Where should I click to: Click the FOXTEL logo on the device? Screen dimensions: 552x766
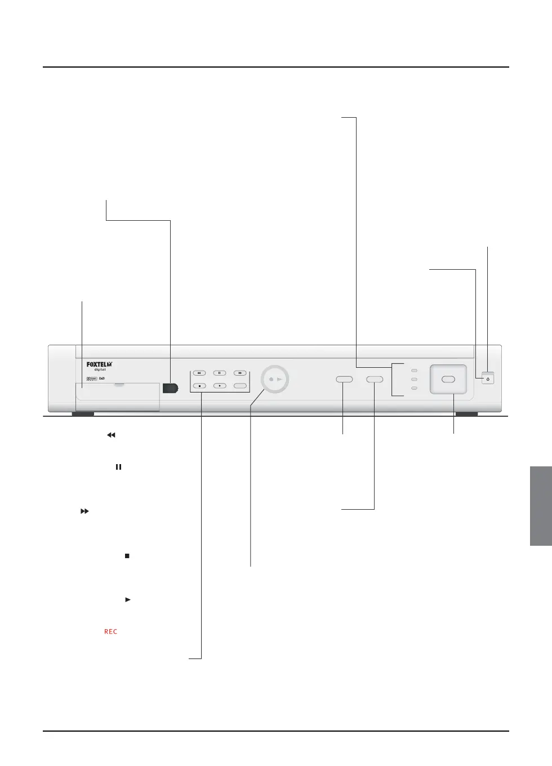[99, 365]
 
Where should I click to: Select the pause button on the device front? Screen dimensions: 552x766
[220, 373]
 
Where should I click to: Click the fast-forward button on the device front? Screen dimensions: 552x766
[240, 373]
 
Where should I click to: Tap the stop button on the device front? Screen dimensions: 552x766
[199, 386]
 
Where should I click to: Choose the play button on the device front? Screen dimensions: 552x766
[220, 386]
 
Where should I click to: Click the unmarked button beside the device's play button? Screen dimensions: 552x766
[240, 386]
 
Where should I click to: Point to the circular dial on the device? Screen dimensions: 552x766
[275, 379]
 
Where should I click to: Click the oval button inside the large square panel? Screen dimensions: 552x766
[448, 379]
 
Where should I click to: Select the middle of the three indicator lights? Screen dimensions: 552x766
[415, 379]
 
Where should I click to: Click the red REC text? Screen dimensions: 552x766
[111, 631]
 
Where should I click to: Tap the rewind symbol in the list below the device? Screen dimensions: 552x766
[111, 435]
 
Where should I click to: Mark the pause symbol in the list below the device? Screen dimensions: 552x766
[118, 467]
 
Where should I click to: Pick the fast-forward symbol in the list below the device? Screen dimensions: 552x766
[84, 511]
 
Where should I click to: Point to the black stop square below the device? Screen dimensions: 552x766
[127, 556]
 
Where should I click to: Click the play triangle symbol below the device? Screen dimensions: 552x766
[128, 600]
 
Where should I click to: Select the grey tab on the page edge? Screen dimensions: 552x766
[541, 506]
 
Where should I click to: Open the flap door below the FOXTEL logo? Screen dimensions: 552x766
[118, 396]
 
